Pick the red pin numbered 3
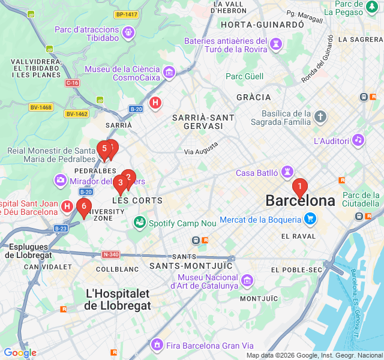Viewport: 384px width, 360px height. pos(120,183)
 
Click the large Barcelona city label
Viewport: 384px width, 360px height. pos(300,201)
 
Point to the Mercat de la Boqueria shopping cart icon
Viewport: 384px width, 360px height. pos(310,219)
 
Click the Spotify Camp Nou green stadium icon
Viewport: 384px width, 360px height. pos(140,223)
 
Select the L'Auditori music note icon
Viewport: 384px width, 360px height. pos(358,140)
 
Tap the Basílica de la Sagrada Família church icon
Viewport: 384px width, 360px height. pos(321,116)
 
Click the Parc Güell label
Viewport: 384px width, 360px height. pos(244,76)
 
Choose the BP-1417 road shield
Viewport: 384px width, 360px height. pos(127,14)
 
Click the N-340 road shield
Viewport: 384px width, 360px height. pos(111,254)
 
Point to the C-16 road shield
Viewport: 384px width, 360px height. pos(72,83)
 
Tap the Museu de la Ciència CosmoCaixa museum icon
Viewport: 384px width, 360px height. pos(169,73)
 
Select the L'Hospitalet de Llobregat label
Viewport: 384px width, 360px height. pos(118,299)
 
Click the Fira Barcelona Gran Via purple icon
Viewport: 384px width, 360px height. pos(157,345)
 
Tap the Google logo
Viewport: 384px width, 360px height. pos(20,353)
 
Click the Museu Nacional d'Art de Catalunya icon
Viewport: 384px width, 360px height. pos(247,280)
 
